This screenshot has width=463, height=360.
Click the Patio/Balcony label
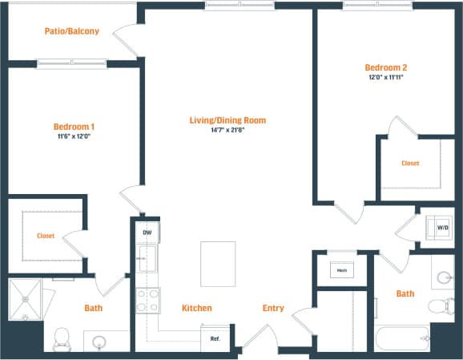[72, 31]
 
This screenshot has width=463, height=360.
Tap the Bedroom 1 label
[74, 127]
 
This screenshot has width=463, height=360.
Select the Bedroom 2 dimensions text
[388, 79]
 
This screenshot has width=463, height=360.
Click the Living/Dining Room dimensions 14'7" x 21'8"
[227, 131]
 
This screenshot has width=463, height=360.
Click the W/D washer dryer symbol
[442, 228]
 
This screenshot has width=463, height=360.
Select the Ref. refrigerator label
[215, 338]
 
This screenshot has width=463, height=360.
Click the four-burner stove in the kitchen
[147, 301]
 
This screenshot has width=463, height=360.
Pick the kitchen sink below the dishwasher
[147, 259]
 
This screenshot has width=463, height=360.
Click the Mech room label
[341, 270]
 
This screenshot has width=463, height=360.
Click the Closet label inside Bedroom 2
[410, 163]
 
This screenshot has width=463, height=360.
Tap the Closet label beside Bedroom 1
[45, 236]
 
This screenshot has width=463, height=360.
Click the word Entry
[273, 308]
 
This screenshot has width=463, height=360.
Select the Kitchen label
[196, 308]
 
